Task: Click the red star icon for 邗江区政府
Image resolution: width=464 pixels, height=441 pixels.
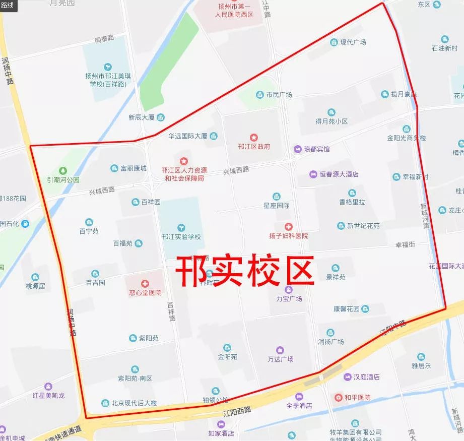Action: click(x=254, y=137)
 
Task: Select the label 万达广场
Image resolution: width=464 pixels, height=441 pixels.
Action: click(x=281, y=359)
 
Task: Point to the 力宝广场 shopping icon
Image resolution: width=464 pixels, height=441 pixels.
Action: click(x=289, y=289)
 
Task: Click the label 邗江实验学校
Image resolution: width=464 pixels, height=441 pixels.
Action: click(x=182, y=236)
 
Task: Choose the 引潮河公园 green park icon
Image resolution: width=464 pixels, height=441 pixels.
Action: click(x=63, y=170)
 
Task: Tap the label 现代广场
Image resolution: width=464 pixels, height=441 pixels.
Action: click(x=353, y=42)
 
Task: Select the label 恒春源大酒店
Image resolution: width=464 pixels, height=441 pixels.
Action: click(x=339, y=174)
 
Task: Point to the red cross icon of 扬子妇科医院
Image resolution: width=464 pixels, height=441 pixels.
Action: click(x=289, y=227)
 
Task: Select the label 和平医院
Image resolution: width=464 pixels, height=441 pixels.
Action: click(x=358, y=398)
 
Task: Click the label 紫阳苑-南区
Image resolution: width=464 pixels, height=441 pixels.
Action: click(x=135, y=379)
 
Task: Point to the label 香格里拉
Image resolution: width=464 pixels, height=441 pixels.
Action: click(x=352, y=202)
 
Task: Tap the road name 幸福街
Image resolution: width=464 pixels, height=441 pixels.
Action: click(x=405, y=244)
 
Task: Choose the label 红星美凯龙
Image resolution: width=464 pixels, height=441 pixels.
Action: click(x=47, y=395)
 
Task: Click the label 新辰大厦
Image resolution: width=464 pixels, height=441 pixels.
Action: click(x=141, y=117)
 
